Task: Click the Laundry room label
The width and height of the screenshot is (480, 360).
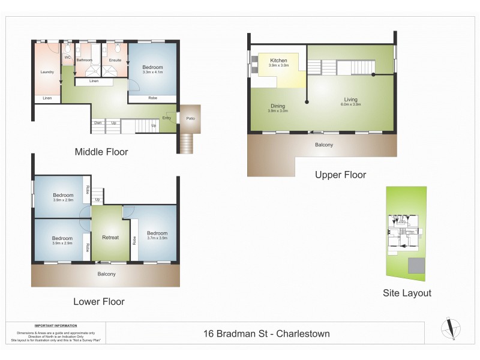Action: [x=47, y=73]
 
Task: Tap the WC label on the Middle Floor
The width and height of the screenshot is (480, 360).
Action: [x=68, y=58]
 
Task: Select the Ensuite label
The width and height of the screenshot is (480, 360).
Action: [x=115, y=60]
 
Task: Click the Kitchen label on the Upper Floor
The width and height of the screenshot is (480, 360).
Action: [x=278, y=61]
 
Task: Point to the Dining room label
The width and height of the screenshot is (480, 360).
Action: [x=277, y=106]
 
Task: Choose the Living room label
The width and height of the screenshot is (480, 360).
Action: [x=352, y=100]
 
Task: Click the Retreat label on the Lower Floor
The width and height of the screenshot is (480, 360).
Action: [x=110, y=237]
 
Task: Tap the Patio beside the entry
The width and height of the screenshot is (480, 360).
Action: [x=191, y=118]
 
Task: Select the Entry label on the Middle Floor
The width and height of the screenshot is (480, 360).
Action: [x=167, y=118]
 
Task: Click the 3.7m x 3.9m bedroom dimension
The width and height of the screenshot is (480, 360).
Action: [x=157, y=238]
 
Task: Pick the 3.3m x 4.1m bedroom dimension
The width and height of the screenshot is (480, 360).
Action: [x=153, y=72]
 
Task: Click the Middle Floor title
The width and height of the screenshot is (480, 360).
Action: [x=101, y=152]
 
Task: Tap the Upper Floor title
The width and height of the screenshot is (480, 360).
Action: [x=340, y=175]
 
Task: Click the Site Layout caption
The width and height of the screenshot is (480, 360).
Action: [x=407, y=293]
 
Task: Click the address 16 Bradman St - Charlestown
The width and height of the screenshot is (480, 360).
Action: [x=266, y=334]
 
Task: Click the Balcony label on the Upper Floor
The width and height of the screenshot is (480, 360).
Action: [x=324, y=145]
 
